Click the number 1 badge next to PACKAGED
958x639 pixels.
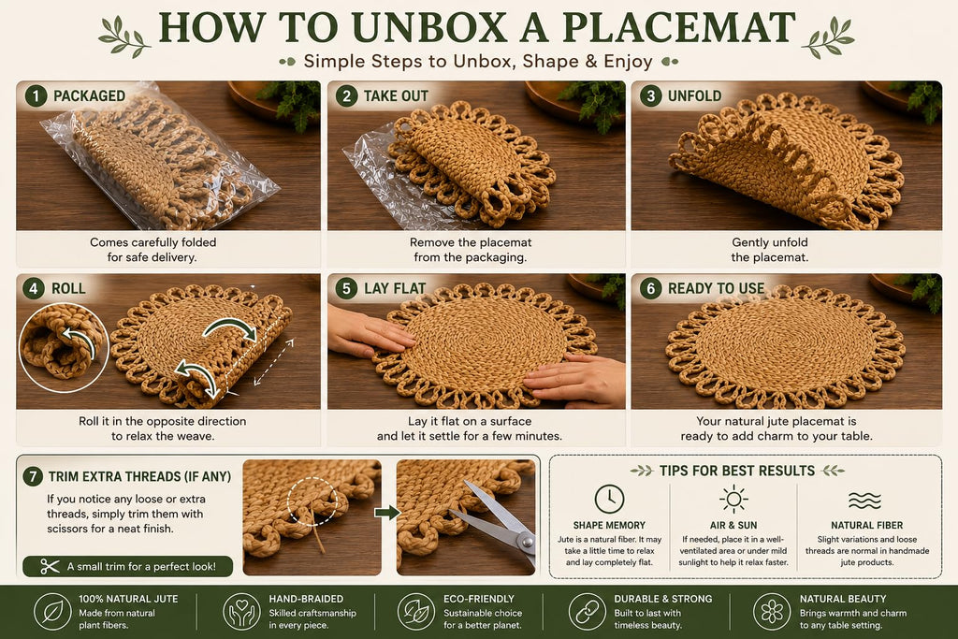(36, 96)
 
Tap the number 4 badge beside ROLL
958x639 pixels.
(34, 288)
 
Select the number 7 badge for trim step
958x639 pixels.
(33, 476)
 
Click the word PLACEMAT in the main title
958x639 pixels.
(679, 27)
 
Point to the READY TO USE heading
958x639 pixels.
(716, 288)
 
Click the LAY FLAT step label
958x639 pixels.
(395, 288)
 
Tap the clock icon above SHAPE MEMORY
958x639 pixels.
(609, 499)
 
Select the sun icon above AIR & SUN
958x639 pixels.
(733, 499)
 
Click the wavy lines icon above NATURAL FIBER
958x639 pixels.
(865, 501)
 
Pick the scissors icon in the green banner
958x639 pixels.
(50, 566)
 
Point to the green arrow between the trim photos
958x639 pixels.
(387, 512)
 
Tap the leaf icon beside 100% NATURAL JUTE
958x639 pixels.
(52, 612)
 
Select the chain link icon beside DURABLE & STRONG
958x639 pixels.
(588, 612)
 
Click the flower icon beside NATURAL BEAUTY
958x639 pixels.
(772, 612)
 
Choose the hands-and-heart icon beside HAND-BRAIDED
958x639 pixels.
(242, 612)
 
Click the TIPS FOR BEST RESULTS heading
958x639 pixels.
(737, 471)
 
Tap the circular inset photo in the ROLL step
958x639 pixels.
(64, 348)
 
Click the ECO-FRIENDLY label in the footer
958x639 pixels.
(479, 600)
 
